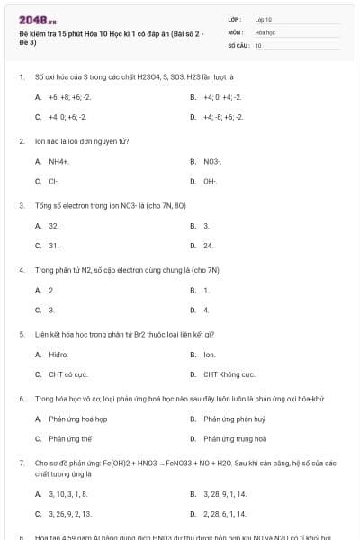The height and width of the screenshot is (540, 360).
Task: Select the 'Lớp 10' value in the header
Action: pyautogui.click(x=263, y=18)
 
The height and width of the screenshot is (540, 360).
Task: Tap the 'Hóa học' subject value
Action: pyautogui.click(x=265, y=31)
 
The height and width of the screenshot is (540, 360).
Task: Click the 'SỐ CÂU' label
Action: pyautogui.click(x=238, y=45)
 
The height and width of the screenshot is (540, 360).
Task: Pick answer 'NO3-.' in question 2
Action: pyautogui.click(x=211, y=161)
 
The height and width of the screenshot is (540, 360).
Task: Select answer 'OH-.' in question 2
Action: pyautogui.click(x=211, y=181)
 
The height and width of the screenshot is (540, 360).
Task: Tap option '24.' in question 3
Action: pyautogui.click(x=208, y=245)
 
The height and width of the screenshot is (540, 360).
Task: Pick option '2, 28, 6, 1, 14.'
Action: pyautogui.click(x=225, y=514)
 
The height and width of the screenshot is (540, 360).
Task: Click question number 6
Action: pyautogui.click(x=22, y=398)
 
